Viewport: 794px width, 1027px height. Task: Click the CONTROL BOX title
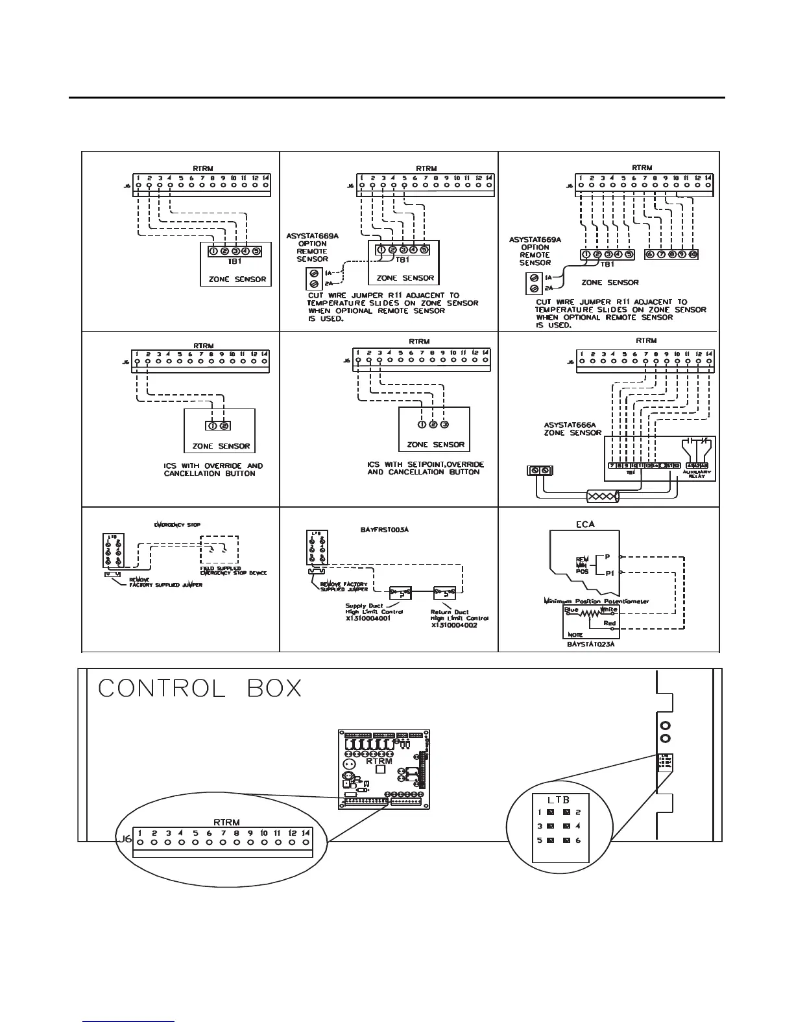[200, 689]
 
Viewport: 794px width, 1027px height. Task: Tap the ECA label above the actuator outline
[586, 525]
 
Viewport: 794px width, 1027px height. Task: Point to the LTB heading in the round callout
[558, 800]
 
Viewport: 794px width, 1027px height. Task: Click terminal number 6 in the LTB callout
[577, 840]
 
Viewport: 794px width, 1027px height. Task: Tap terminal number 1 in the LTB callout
[539, 812]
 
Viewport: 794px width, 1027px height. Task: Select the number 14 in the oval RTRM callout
[306, 832]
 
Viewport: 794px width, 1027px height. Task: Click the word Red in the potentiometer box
[609, 624]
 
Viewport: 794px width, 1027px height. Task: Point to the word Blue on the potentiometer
[571, 609]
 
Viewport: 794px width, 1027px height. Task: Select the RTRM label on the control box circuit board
[379, 761]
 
